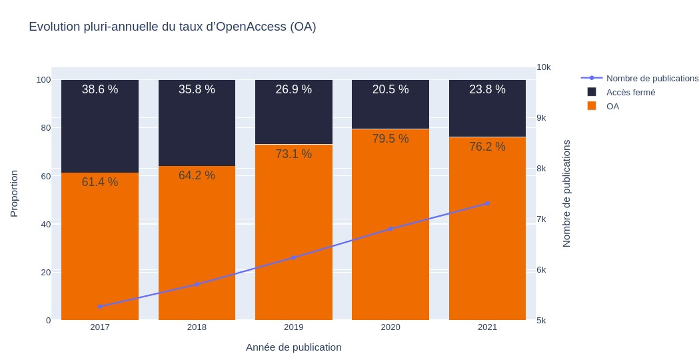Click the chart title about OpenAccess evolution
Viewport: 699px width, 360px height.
[x=172, y=27]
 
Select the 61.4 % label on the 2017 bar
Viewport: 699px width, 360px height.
[x=100, y=182]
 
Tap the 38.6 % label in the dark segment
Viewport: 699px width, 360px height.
[x=100, y=89]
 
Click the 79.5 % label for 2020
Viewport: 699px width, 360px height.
[x=390, y=139]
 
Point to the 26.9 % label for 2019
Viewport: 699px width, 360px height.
[x=294, y=89]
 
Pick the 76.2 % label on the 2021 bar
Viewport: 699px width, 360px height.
[x=487, y=147]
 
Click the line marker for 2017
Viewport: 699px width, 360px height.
[x=100, y=307]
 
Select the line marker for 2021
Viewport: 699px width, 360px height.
[x=487, y=203]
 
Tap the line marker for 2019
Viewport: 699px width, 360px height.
[x=294, y=257]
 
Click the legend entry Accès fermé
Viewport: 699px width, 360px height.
[x=630, y=92]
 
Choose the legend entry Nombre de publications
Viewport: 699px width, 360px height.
[x=652, y=78]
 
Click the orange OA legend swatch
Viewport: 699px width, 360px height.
[x=592, y=106]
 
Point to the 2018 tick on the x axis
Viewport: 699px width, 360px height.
[x=197, y=327]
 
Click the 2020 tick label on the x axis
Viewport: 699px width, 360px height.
[x=390, y=327]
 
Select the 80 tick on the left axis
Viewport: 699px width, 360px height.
[x=43, y=127]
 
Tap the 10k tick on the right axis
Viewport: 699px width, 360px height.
[x=543, y=67]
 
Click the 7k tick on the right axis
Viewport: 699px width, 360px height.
[x=542, y=219]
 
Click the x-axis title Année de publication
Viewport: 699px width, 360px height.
[x=293, y=347]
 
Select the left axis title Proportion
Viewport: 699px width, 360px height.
[x=14, y=193]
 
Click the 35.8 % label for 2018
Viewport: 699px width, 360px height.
[x=197, y=89]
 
